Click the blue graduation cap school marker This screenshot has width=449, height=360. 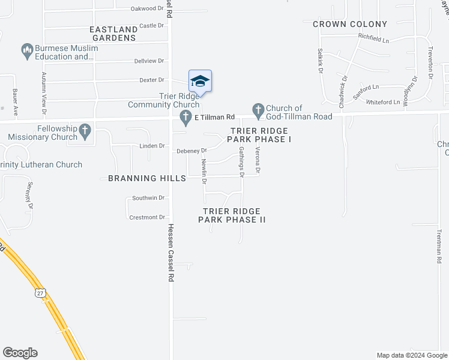[x=200, y=81]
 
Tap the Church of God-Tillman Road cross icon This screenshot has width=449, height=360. [x=258, y=109]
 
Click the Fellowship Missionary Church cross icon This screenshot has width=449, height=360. [x=85, y=129]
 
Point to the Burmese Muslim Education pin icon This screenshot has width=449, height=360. [x=26, y=49]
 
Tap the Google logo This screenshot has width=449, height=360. [x=20, y=353]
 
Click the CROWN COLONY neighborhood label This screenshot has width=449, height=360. [x=342, y=24]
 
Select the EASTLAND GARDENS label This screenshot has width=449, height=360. [x=113, y=34]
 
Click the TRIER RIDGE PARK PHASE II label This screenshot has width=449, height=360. [x=232, y=215]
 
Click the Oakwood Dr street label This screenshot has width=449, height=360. [x=147, y=8]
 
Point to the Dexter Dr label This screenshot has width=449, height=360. [x=151, y=80]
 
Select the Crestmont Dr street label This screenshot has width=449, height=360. [x=146, y=217]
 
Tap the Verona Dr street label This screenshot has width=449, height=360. [x=257, y=161]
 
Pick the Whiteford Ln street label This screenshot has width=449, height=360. [x=382, y=102]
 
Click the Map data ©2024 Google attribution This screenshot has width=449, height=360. [x=412, y=355]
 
